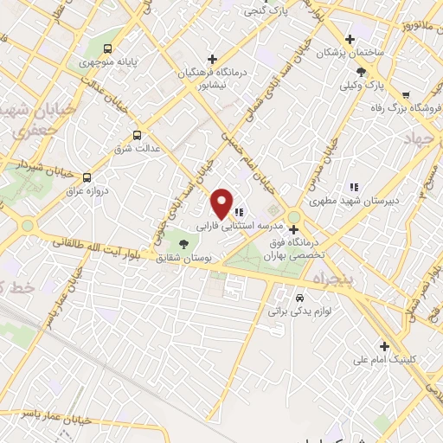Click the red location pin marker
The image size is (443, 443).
tap(223, 202)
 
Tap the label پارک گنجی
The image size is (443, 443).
tap(266, 11)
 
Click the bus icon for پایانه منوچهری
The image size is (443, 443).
tap(108, 48)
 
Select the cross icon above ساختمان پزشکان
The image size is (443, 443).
tap(350, 39)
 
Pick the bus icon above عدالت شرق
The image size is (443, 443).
tap(137, 135)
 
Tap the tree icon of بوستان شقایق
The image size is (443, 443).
tap(198, 245)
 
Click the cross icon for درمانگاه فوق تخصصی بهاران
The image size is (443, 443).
tap(293, 229)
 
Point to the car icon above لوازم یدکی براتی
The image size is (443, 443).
tap(299, 294)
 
